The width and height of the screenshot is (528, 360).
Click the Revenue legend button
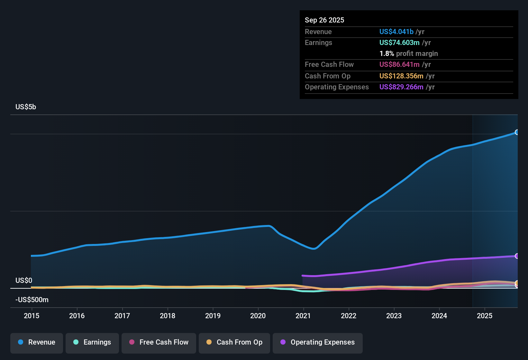coord(37,342)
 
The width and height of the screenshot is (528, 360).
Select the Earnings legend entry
coord(92,342)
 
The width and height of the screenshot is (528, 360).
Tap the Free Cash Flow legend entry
coord(159,342)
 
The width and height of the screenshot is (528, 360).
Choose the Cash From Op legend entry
coord(234,342)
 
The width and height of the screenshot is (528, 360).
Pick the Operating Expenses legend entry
coord(318,342)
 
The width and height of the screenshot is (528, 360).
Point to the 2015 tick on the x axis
coord(32,316)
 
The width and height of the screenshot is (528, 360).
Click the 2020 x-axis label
coord(258,316)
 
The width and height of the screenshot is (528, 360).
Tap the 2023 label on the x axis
coord(394,316)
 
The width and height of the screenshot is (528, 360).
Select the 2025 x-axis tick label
coord(485,316)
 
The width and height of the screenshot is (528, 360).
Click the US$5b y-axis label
coord(26,107)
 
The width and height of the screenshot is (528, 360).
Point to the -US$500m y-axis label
coord(32,300)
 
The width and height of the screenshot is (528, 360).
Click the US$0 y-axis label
coord(24,281)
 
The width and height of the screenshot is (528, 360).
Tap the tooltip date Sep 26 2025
coord(324,20)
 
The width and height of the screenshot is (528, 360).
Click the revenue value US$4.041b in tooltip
coord(396,32)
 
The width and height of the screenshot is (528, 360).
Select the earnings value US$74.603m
coord(399,43)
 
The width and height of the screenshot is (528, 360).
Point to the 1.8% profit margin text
coord(408,54)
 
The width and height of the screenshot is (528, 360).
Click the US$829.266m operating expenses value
coord(401,87)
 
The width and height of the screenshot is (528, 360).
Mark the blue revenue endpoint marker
coord(517,132)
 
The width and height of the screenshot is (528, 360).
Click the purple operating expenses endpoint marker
coord(517,256)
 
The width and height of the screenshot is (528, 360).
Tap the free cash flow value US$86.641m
coord(399,65)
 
